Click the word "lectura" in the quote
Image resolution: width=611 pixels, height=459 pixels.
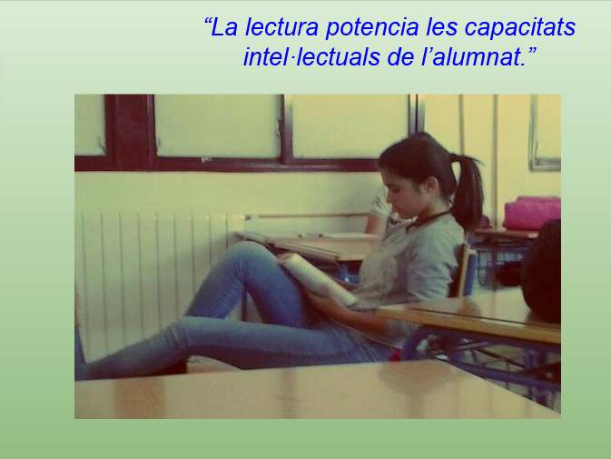click(281, 27)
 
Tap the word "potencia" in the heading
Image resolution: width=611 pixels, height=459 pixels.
click(372, 28)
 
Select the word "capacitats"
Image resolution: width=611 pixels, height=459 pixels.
click(520, 28)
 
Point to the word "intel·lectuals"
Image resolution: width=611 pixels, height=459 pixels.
click(311, 57)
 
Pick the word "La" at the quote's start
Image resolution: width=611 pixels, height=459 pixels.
click(224, 27)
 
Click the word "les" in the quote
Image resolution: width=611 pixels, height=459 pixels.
click(441, 27)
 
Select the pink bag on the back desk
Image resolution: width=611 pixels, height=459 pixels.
click(532, 213)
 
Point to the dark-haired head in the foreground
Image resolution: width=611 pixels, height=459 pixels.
click(542, 271)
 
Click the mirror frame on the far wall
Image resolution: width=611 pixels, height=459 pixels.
click(545, 133)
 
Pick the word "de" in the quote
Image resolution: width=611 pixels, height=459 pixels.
click(400, 57)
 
